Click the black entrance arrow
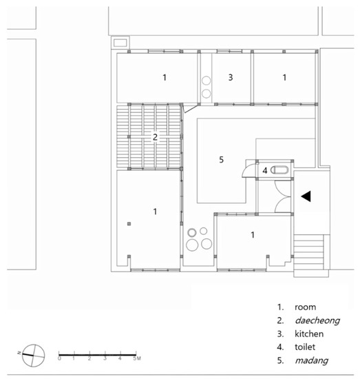click(x=306, y=196)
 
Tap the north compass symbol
click(x=33, y=356)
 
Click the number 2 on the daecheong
click(x=156, y=137)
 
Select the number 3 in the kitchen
click(x=231, y=77)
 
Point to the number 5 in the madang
click(x=221, y=160)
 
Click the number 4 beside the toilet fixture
click(x=265, y=171)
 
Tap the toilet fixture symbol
click(x=279, y=170)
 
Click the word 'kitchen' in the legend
click(x=309, y=334)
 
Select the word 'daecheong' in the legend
click(x=317, y=320)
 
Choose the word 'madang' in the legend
click(x=311, y=360)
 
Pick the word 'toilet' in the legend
click(x=305, y=347)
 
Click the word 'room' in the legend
click(x=305, y=307)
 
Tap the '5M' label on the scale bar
click(x=137, y=358)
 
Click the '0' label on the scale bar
click(x=59, y=358)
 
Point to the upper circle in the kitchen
click(x=207, y=81)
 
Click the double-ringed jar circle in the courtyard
click(x=192, y=233)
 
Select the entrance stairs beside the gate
click(x=308, y=252)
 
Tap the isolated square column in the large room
click(x=129, y=224)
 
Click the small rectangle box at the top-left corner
click(x=120, y=43)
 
